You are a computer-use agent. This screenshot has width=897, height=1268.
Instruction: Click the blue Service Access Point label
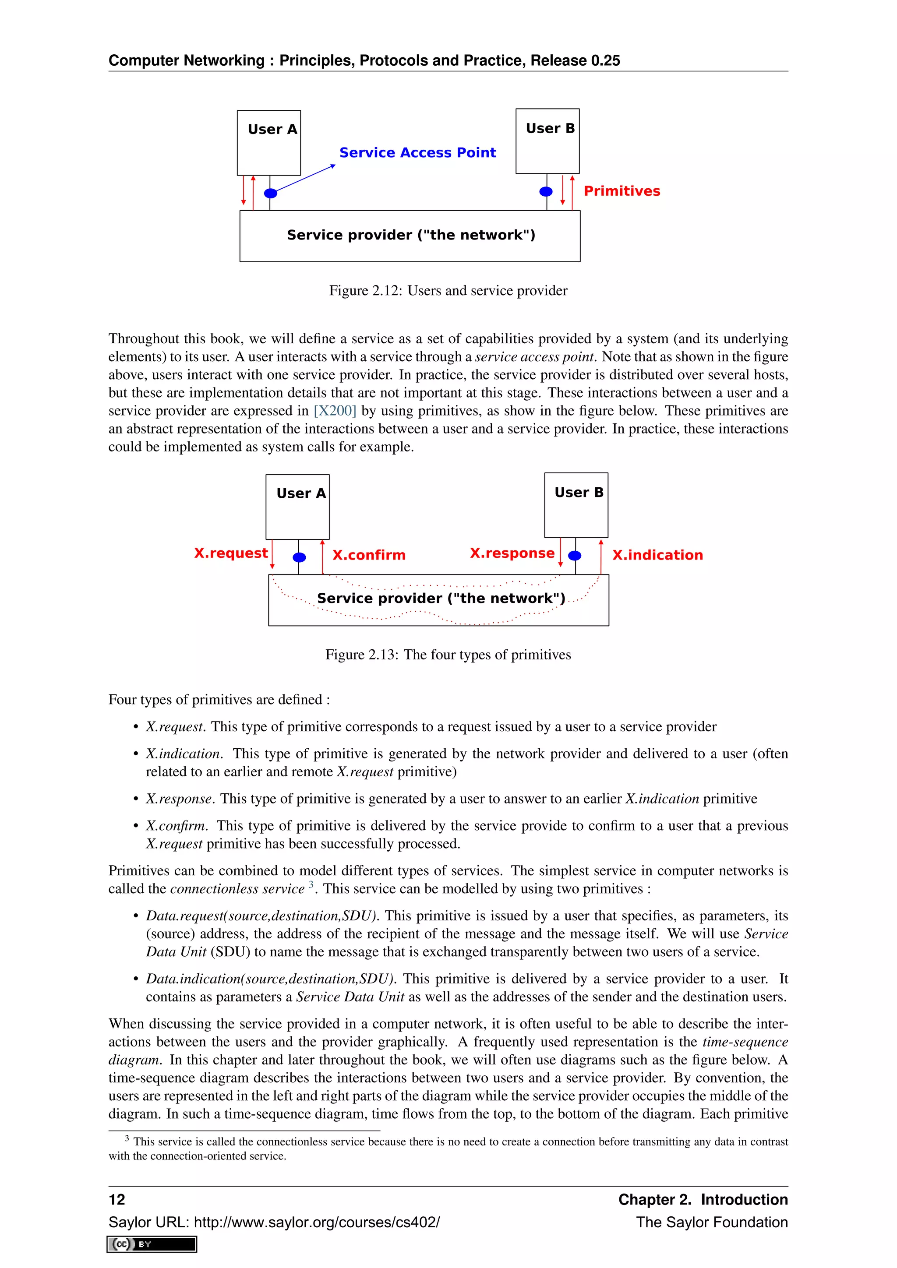(x=417, y=152)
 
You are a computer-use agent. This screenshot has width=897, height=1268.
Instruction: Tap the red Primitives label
(x=622, y=191)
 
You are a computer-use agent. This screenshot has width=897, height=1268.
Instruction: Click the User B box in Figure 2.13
(x=576, y=505)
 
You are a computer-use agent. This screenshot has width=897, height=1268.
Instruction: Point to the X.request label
(x=231, y=553)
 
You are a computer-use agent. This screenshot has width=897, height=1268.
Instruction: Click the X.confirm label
(x=368, y=555)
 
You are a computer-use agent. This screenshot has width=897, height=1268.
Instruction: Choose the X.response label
(x=512, y=553)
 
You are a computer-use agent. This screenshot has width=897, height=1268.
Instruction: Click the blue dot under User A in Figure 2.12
(x=271, y=193)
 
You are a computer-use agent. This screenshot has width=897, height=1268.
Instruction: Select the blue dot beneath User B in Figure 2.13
(x=575, y=556)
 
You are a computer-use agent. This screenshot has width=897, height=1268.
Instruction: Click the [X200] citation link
(x=335, y=411)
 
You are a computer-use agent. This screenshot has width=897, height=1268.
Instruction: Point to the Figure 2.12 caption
(x=448, y=291)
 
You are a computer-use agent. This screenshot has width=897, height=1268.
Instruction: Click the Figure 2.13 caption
(x=448, y=655)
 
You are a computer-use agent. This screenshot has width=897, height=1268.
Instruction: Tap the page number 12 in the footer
(x=117, y=1200)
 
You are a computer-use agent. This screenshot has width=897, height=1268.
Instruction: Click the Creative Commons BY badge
(x=152, y=1244)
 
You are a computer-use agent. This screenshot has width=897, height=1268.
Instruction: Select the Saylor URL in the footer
(x=274, y=1222)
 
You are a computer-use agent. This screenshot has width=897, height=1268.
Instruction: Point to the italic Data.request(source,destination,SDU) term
(x=261, y=916)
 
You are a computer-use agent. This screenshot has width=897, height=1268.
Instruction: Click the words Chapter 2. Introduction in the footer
(x=703, y=1200)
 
